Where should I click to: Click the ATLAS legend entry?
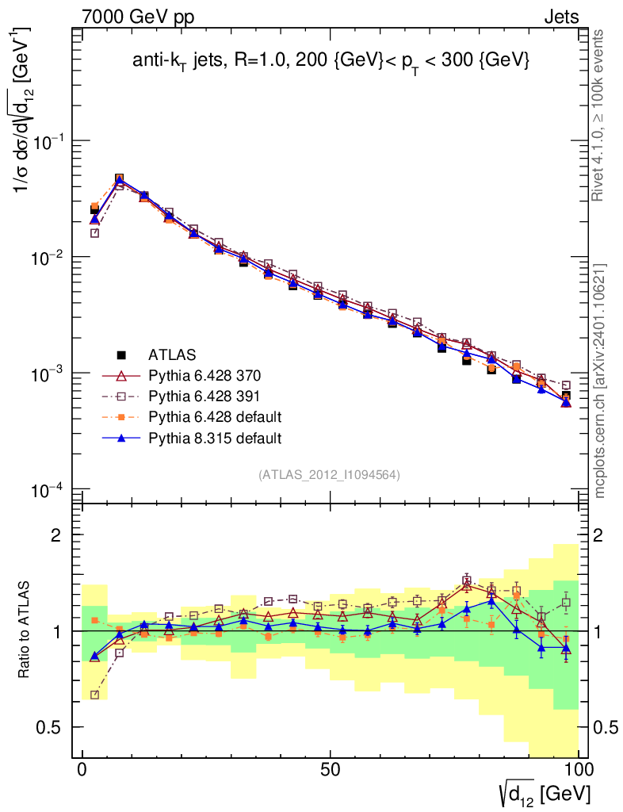[172, 354]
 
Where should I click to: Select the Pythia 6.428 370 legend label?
[204, 375]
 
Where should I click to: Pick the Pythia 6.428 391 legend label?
[204, 396]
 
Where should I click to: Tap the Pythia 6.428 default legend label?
[214, 417]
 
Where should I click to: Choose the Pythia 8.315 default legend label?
[214, 438]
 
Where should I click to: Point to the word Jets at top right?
[560, 17]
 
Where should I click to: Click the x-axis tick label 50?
[331, 771]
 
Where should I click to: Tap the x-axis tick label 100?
[578, 771]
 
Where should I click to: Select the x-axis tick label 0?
[82, 771]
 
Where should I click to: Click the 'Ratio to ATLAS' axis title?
[25, 630]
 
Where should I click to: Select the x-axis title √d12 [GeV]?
[544, 793]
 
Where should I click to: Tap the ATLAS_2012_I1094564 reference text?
[328, 475]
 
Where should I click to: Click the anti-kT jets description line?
[331, 62]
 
